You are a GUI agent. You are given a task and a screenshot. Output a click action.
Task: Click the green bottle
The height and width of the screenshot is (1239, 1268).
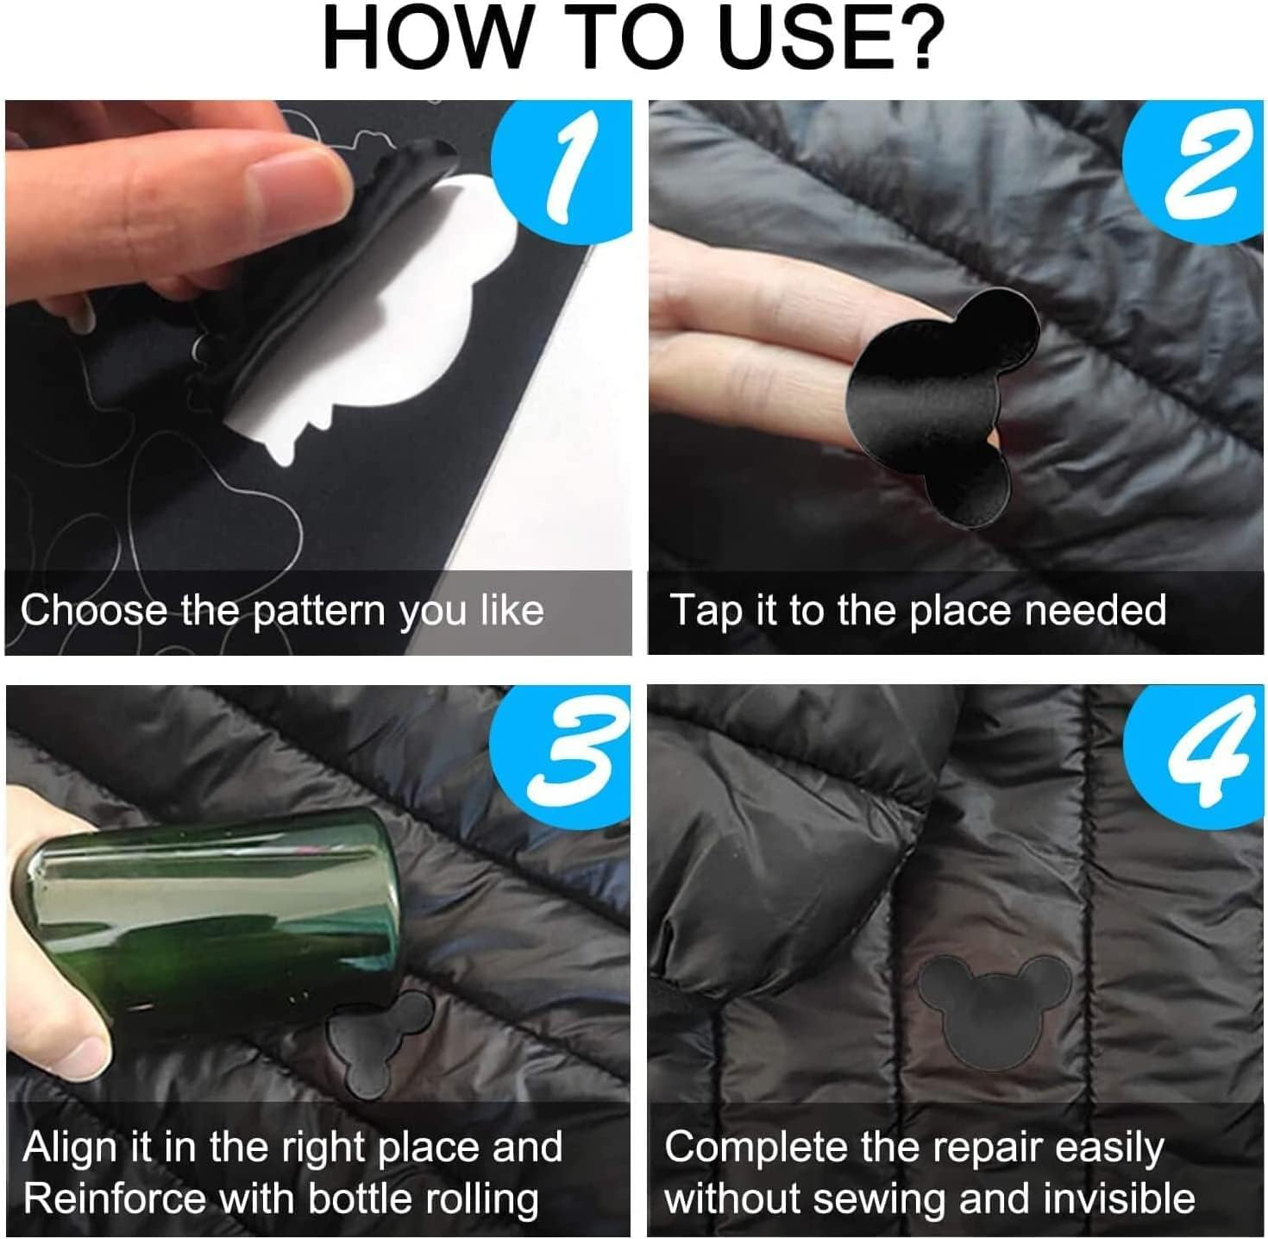(216, 915)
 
